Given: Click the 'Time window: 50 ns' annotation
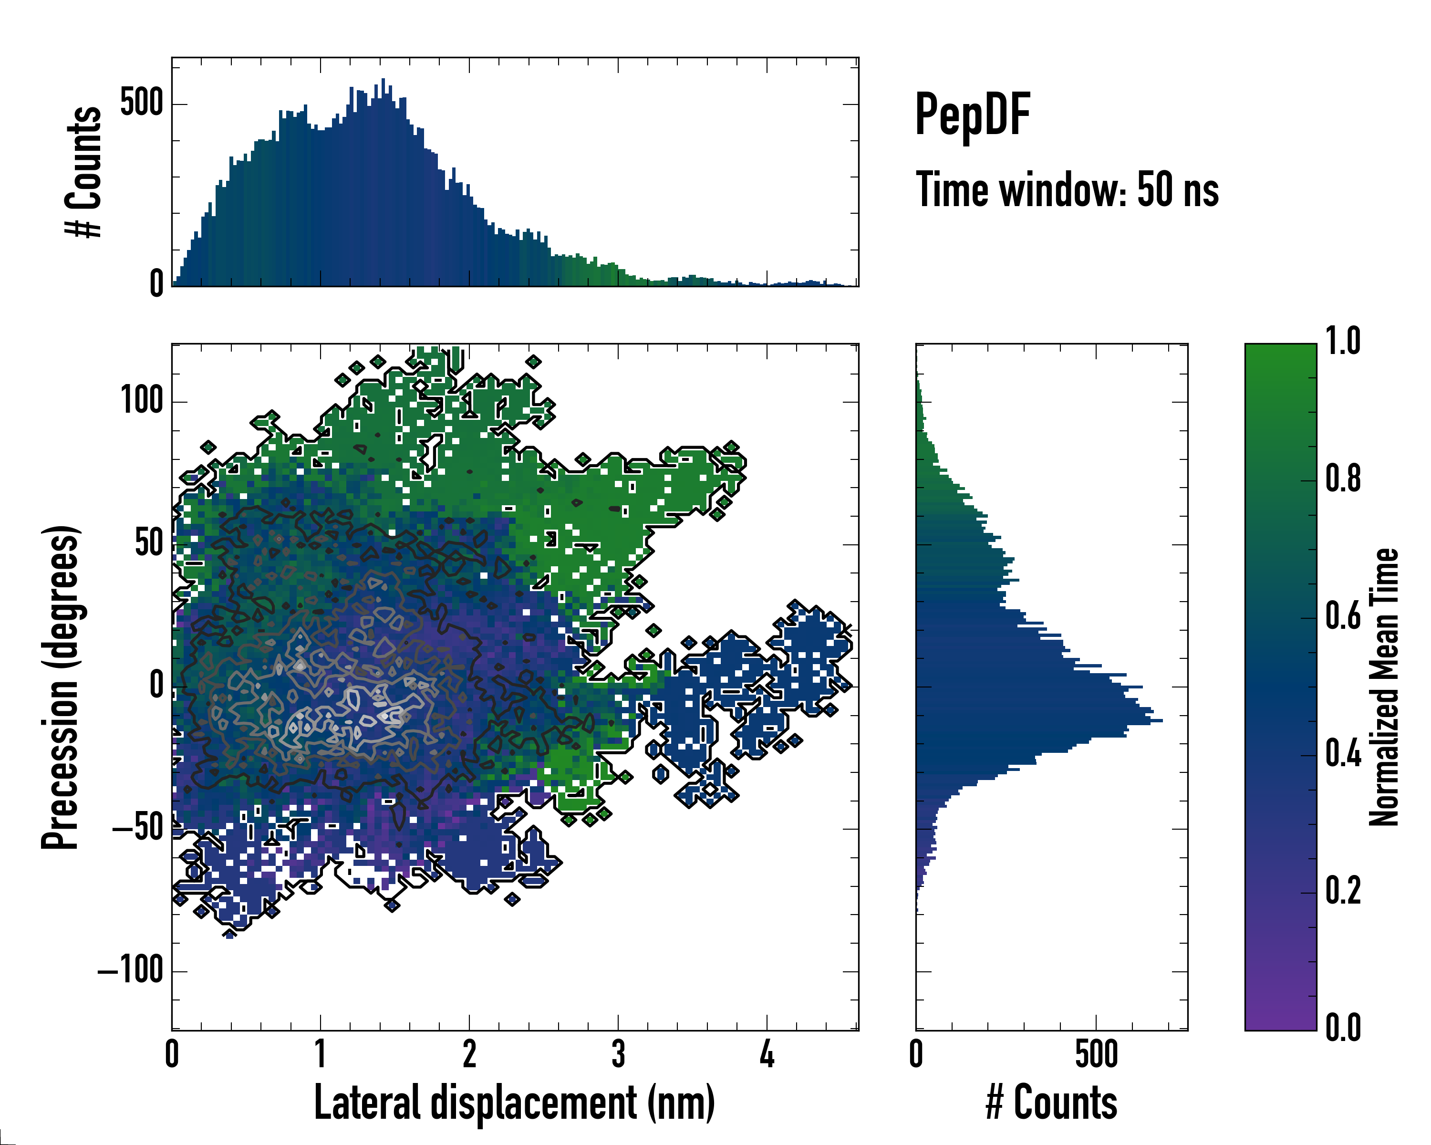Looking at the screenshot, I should [x=1067, y=190].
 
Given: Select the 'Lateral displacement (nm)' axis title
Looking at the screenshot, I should [x=514, y=1103].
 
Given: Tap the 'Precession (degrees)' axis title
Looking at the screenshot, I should [x=61, y=687].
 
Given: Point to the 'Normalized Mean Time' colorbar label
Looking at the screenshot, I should [x=1384, y=687].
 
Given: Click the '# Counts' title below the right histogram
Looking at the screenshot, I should [x=1051, y=1103].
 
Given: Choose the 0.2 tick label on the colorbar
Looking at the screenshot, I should [x=1343, y=891].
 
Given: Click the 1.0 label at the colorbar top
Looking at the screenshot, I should [x=1343, y=341].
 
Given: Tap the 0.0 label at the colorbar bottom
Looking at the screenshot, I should [x=1343, y=1028].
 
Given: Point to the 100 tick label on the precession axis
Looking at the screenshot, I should [x=141, y=401].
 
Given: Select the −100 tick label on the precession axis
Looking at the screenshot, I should [x=131, y=970].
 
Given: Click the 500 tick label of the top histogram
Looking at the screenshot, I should [x=141, y=104].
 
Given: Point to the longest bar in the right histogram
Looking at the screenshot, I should [x=1039, y=720].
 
